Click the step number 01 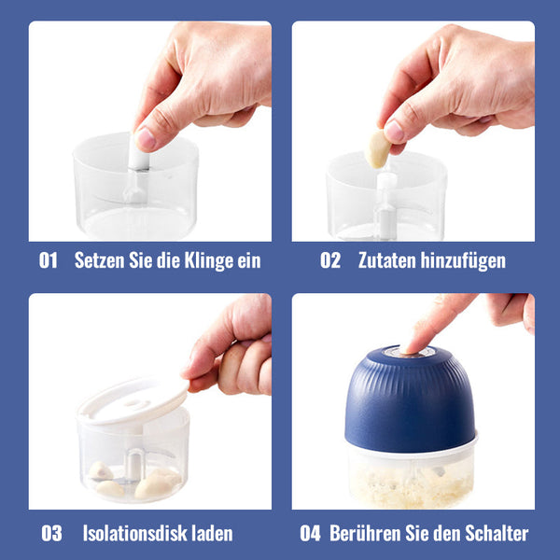click(49, 260)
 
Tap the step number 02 click(330, 260)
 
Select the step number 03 click(51, 533)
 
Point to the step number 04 click(310, 533)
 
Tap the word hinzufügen click(463, 261)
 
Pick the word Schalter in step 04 click(497, 533)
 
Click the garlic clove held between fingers click(377, 149)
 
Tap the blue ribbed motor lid click(410, 400)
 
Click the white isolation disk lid click(133, 400)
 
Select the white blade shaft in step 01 click(138, 168)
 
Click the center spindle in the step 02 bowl click(385, 205)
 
